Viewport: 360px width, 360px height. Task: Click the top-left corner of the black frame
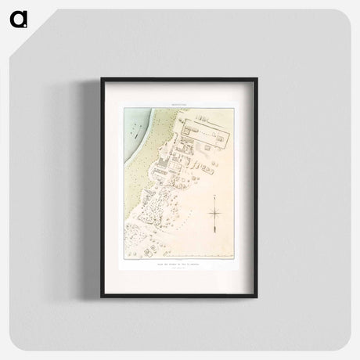[x=102, y=78]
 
